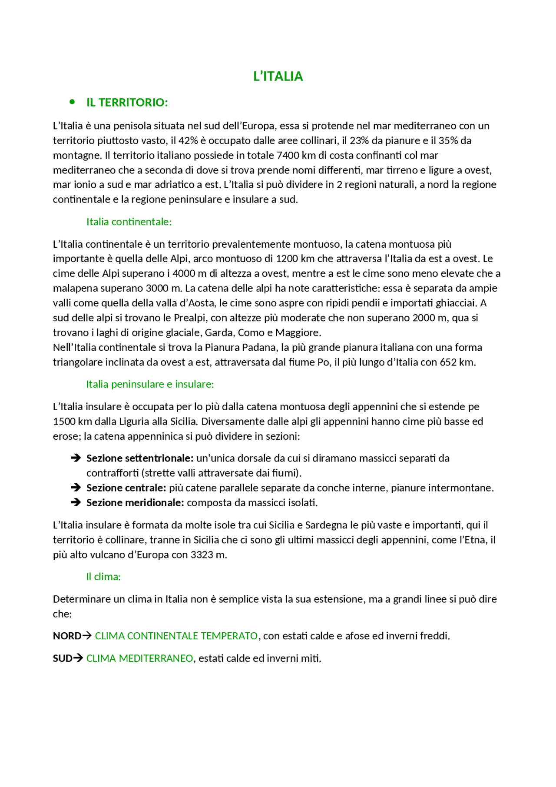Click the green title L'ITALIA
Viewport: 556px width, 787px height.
coord(278,76)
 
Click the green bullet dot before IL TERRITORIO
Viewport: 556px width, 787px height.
coord(72,102)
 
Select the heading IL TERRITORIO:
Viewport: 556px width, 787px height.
coord(127,103)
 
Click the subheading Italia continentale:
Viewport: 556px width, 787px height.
coord(129,222)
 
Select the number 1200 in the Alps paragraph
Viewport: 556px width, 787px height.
coord(287,259)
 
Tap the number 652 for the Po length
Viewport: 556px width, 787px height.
coord(448,362)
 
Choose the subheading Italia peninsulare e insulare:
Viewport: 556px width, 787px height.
coord(150,384)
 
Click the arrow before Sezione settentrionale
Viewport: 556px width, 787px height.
coord(76,458)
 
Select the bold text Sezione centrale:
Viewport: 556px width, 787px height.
coord(126,488)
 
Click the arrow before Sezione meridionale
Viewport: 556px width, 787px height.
coord(76,502)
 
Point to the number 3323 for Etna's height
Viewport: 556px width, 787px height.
coord(202,555)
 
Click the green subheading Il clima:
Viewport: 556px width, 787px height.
coord(103,577)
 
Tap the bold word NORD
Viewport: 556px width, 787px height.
coord(67,636)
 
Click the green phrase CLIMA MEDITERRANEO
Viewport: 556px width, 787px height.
coord(139,658)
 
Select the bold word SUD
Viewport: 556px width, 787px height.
coord(63,658)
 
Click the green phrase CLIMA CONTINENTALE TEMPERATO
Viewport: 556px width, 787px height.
coord(176,636)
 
